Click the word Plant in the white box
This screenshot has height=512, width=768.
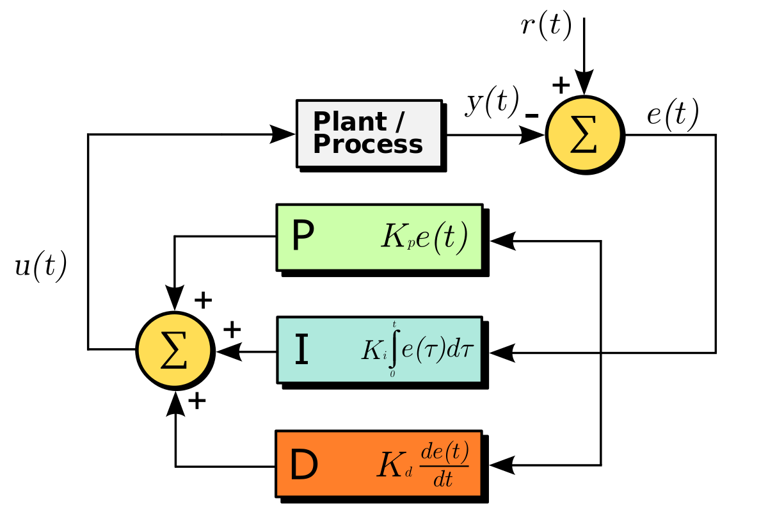point(349,122)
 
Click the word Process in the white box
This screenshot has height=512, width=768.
point(367,145)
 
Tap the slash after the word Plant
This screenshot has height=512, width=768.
point(400,122)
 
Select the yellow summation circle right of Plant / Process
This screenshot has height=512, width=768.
point(584,134)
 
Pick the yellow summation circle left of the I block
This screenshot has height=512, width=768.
point(174,350)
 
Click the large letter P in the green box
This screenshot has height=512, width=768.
point(303,237)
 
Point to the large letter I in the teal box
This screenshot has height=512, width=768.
point(301,350)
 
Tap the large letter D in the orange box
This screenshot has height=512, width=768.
point(303,465)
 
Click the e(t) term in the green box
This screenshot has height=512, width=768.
point(442,237)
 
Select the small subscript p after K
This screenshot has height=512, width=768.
point(410,246)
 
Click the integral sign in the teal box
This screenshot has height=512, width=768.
point(394,349)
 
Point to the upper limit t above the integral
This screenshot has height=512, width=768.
point(394,325)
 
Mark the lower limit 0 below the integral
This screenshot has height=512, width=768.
point(392,374)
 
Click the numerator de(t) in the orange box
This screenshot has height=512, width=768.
point(444,453)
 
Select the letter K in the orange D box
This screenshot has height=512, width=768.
point(389,465)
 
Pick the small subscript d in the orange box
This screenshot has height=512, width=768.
point(409,474)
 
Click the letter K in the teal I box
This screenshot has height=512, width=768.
point(372,350)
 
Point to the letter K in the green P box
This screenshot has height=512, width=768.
point(394,237)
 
